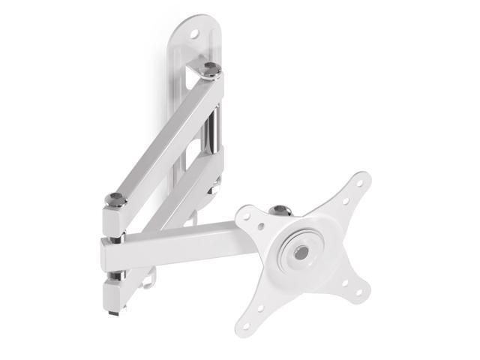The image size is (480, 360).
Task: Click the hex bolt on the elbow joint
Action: point(115,199)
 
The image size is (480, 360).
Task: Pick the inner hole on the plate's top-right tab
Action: point(345,200)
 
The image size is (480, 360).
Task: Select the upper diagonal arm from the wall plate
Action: point(161,135)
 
